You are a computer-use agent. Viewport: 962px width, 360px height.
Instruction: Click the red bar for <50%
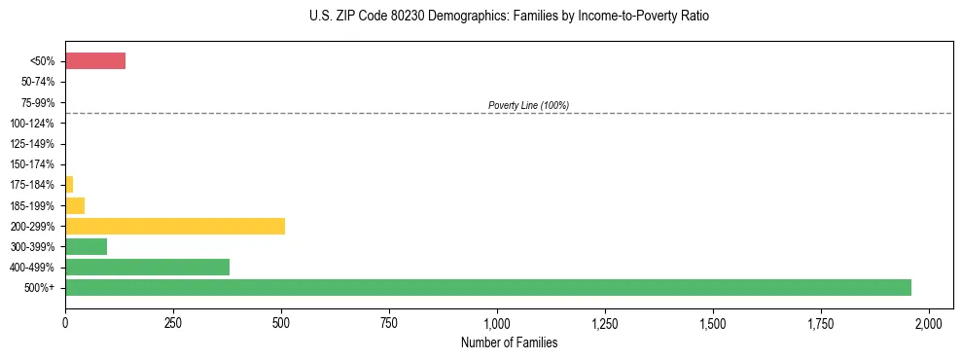[95, 61]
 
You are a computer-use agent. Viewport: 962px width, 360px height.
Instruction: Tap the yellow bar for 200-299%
[175, 226]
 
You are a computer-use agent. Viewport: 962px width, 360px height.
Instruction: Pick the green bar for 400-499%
[147, 267]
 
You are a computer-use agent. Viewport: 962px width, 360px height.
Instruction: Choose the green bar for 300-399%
[86, 246]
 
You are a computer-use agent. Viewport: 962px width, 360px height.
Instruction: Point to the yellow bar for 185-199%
[75, 205]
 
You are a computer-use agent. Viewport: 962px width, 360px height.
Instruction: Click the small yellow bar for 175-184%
[69, 185]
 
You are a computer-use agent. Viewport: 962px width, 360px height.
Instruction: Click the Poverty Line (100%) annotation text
[528, 105]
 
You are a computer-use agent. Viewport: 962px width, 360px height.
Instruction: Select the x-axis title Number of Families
[509, 343]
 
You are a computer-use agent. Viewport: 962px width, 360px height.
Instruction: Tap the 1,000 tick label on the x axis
[497, 322]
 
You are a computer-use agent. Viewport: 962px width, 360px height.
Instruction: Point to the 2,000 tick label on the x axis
[929, 322]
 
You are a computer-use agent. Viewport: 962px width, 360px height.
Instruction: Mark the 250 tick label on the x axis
[173, 322]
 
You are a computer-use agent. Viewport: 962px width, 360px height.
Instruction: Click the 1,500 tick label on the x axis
[713, 322]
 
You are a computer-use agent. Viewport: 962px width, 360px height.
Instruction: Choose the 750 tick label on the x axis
[389, 322]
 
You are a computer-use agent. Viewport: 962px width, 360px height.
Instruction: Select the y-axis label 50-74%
[38, 82]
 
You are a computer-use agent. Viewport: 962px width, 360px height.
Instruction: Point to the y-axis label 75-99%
[38, 103]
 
